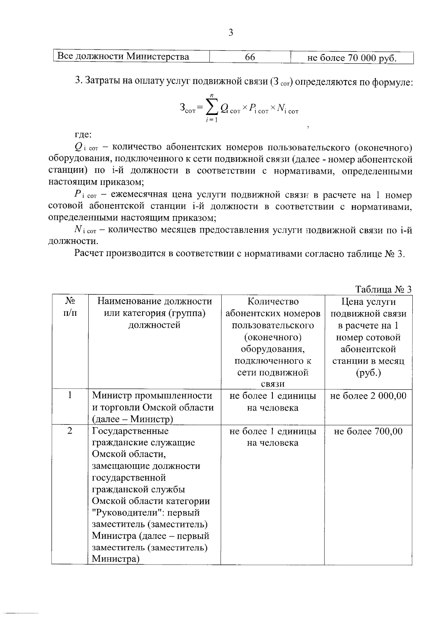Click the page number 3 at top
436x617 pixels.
click(230, 33)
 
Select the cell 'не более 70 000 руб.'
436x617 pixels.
click(352, 58)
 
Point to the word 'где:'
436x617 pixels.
click(83, 135)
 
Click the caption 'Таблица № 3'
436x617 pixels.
click(383, 289)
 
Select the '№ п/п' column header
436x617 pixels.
click(70, 307)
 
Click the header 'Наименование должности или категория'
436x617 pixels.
click(154, 313)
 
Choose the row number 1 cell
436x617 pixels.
click(70, 395)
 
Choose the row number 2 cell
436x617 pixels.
click(70, 431)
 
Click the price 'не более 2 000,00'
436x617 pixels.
click(368, 396)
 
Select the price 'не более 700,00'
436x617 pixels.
click(368, 431)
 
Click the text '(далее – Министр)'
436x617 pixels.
click(132, 419)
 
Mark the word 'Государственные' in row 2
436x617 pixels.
click(130, 431)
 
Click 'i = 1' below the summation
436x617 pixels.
click(211, 120)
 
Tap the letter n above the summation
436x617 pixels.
click(211, 95)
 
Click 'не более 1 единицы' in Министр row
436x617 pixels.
click(272, 396)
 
